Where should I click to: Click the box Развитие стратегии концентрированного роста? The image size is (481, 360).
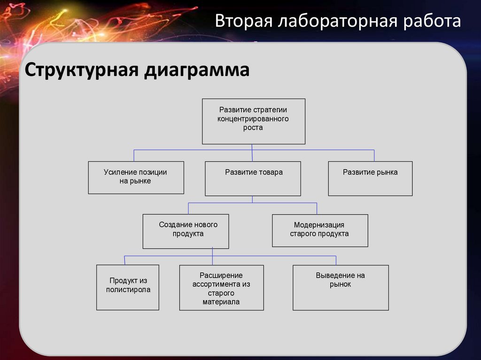click(254, 121)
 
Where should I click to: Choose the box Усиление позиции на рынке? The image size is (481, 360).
click(136, 177)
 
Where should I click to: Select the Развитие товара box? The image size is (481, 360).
click(253, 178)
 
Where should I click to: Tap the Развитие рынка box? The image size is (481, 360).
click(370, 178)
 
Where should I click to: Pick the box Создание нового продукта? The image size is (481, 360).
click(186, 231)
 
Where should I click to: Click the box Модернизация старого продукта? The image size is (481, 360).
click(320, 230)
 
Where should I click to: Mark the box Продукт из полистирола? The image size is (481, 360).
click(128, 287)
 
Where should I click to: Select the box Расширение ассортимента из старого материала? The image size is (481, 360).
click(221, 287)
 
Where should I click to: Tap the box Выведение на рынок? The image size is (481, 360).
click(341, 287)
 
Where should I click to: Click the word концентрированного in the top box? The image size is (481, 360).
click(253, 119)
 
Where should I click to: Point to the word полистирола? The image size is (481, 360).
click(128, 290)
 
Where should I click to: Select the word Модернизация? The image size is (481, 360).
click(319, 225)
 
